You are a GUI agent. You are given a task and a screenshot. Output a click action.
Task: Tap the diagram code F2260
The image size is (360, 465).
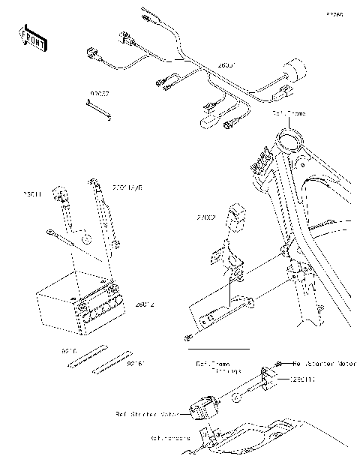(334, 13)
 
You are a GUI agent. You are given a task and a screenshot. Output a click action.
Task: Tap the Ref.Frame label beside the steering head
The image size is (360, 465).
(289, 113)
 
